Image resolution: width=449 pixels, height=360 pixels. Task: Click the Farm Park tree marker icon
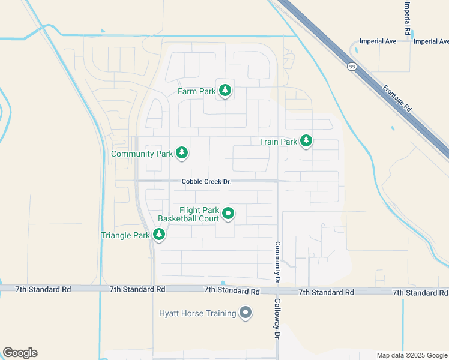225,91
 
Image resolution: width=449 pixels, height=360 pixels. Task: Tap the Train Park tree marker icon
306,142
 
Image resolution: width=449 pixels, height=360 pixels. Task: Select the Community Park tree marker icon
181,154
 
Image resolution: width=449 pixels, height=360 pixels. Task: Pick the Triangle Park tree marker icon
158,235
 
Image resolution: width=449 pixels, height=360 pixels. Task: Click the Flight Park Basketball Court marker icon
228,213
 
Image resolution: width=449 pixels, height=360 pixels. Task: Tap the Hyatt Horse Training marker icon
245,313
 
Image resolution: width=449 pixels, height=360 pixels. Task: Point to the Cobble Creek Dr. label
207,181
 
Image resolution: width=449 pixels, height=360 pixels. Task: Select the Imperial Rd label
407,17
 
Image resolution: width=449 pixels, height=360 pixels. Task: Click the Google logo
20,353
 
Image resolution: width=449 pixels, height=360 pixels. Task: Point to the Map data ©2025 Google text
412,355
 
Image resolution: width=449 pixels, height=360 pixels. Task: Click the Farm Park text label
197,92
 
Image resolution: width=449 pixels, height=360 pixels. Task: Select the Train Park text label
278,142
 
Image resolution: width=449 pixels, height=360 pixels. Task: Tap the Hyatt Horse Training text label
197,313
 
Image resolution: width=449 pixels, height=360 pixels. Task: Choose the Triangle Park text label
125,235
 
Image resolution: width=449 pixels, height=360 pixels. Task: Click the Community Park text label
142,154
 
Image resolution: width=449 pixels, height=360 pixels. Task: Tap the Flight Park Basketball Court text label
188,214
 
